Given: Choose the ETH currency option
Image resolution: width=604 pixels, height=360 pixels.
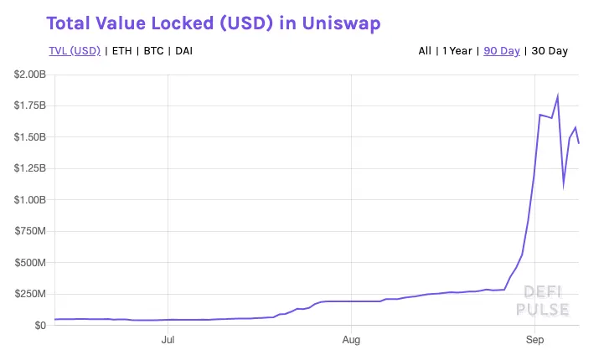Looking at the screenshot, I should [x=122, y=51].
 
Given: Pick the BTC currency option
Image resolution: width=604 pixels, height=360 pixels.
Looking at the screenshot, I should [x=153, y=51].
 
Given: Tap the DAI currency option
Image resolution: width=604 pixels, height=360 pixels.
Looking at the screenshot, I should [x=184, y=51].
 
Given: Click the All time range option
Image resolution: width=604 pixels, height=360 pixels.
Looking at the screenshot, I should [x=425, y=51].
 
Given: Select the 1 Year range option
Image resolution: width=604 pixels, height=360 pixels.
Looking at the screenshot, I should [x=456, y=51].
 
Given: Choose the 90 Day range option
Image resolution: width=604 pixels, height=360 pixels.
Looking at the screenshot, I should [x=500, y=51].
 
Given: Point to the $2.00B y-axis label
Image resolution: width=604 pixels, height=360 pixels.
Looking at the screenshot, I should [x=30, y=75].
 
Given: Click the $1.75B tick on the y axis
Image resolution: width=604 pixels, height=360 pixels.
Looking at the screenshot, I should [x=30, y=106].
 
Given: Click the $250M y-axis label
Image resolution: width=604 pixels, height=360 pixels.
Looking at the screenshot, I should [x=32, y=295].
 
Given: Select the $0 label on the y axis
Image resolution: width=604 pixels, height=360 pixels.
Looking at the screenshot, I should [x=39, y=326].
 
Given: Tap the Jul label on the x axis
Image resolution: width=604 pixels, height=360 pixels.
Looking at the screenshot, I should [x=168, y=341].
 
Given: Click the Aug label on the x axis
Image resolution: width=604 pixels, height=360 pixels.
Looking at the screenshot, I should [x=352, y=341].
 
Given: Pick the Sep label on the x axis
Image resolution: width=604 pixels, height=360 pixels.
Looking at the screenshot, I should [x=535, y=341].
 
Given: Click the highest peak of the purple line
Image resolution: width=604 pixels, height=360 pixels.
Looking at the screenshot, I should [x=558, y=96].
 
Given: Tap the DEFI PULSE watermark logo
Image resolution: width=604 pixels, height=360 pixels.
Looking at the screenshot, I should [x=546, y=301].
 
